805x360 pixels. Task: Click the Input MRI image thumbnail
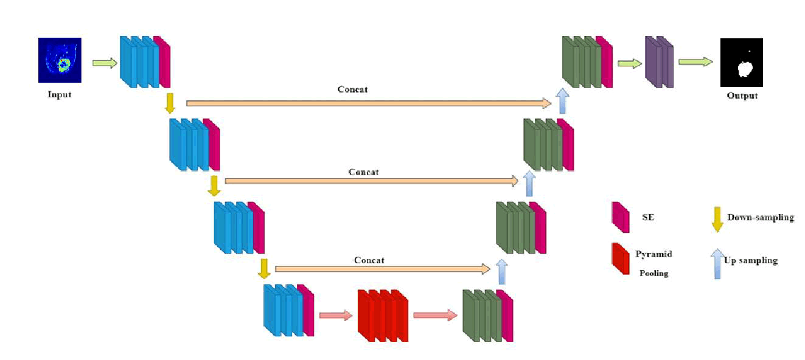pyautogui.click(x=60, y=60)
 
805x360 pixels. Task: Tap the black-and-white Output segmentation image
pyautogui.click(x=741, y=63)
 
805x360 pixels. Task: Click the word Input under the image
pyautogui.click(x=60, y=94)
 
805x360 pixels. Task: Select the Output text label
pyautogui.click(x=742, y=95)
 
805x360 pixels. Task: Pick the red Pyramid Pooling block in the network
pyautogui.click(x=383, y=316)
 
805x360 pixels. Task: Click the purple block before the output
pyautogui.click(x=659, y=62)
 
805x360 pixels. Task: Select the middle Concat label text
pyautogui.click(x=364, y=172)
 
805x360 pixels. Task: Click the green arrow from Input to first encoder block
pyautogui.click(x=105, y=63)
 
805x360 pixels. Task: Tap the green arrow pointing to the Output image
pyautogui.click(x=695, y=62)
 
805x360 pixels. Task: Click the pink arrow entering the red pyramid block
pyautogui.click(x=335, y=315)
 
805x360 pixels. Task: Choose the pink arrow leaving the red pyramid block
pyautogui.click(x=434, y=315)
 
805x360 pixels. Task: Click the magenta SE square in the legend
pyautogui.click(x=620, y=218)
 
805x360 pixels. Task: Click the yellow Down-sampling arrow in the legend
pyautogui.click(x=717, y=220)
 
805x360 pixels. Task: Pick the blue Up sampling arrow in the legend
pyautogui.click(x=716, y=263)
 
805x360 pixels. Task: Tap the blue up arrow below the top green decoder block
pyautogui.click(x=562, y=100)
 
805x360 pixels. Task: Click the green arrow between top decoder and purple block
pyautogui.click(x=629, y=63)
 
